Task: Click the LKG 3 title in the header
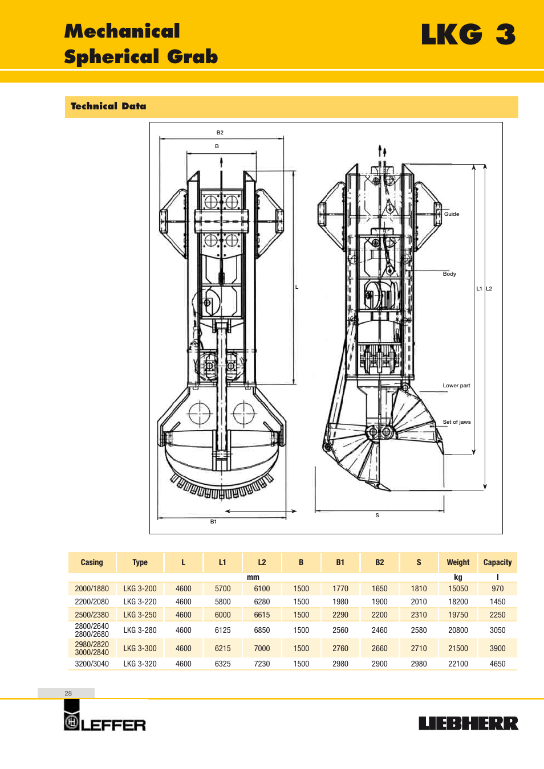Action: click(468, 34)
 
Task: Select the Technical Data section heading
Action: click(108, 106)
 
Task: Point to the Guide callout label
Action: click(451, 214)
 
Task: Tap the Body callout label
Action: click(449, 273)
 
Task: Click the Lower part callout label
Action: click(456, 386)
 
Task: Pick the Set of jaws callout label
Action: click(457, 422)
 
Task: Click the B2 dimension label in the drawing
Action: click(220, 133)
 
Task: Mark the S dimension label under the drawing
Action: click(377, 516)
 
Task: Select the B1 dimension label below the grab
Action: click(213, 521)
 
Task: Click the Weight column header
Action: click(458, 562)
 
